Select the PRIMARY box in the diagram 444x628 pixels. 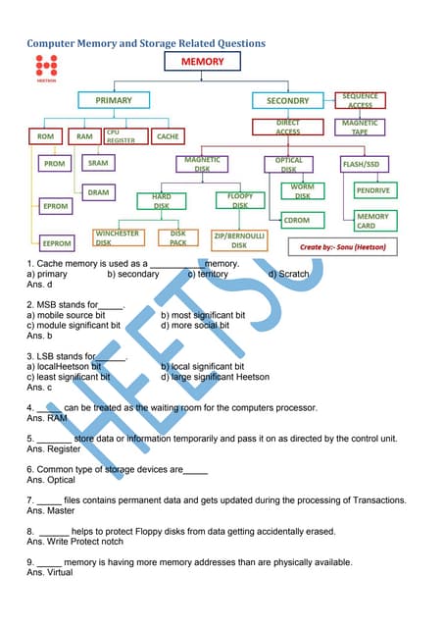pos(114,100)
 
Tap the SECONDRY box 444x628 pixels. pos(287,100)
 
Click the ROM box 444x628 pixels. pos(45,136)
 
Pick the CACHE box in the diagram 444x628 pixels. pos(168,136)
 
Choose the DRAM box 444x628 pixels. pos(98,192)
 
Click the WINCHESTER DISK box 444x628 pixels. pos(117,236)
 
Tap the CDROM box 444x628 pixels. pos(296,221)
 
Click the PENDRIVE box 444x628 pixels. pos(372,189)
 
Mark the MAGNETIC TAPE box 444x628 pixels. pos(360,128)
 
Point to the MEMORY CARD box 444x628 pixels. pos(372,221)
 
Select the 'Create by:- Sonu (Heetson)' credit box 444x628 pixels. pos(341,247)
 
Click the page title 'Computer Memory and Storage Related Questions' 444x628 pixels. pos(145,43)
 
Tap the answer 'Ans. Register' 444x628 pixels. pos(53,448)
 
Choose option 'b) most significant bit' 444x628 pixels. pos(202,315)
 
